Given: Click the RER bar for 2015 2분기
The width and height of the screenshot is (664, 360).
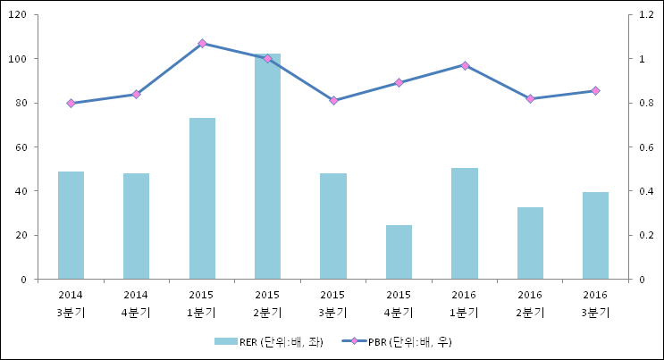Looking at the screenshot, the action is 267,166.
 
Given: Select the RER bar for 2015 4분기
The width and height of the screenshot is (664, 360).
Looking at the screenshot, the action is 399,252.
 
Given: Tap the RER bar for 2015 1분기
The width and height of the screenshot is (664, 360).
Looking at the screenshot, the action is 203,198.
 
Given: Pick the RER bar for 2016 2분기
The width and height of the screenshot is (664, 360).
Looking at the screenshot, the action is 530,243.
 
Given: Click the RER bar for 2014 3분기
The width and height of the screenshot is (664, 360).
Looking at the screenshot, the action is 71,225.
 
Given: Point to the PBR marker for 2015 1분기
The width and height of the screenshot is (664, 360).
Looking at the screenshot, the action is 203,43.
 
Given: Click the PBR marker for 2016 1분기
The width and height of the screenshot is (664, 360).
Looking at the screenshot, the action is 465,65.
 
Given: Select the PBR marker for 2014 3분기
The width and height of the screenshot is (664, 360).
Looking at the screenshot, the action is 71,103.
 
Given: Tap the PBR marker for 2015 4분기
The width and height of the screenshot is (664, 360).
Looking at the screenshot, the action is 399,82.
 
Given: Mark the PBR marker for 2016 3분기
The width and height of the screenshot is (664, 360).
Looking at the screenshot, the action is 595,90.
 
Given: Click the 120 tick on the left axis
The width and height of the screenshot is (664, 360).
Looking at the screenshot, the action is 17,15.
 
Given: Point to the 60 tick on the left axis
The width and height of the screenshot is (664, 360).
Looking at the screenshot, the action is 21,147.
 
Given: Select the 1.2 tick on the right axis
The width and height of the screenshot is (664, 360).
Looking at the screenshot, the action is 646,15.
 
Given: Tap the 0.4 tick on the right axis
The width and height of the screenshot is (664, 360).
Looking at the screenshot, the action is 646,191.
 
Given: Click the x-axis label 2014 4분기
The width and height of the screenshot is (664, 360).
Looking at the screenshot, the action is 136,304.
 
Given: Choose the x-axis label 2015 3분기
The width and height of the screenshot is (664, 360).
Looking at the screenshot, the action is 332,304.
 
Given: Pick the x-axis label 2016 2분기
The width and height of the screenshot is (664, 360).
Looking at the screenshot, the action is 530,304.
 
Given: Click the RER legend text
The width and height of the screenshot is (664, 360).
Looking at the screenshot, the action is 282,342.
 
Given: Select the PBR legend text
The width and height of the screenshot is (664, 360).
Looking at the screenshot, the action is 410,342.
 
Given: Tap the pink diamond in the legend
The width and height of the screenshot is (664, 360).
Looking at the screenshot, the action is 354,341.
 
